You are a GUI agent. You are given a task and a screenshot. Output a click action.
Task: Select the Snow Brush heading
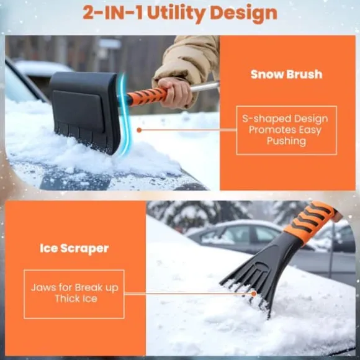pos(286,74)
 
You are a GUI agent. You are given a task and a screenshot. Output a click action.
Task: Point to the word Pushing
pos(286,141)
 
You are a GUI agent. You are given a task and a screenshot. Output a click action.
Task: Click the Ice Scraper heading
pos(74,248)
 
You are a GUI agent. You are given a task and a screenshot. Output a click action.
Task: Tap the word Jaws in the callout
pos(43,287)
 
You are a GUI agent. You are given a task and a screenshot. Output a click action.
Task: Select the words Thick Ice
pos(73,299)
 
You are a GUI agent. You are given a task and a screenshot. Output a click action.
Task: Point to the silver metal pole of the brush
pos(205,87)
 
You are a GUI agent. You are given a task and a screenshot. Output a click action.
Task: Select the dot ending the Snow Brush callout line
pos(139,130)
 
